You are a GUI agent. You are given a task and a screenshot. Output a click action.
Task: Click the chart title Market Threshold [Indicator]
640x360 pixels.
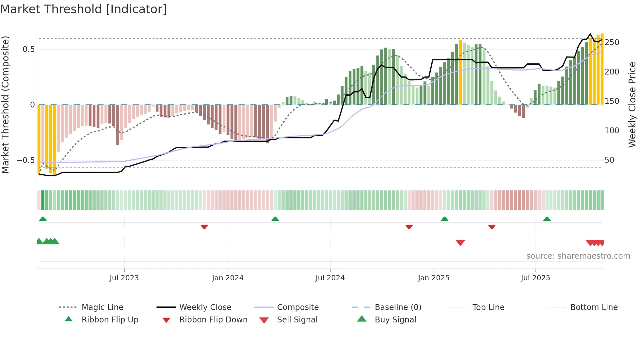(84, 9)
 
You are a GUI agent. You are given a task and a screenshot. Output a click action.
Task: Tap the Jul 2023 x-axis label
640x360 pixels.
(124, 278)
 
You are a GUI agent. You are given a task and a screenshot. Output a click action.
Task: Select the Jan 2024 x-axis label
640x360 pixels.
(228, 278)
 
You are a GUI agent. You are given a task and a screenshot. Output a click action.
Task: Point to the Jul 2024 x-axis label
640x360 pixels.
(330, 278)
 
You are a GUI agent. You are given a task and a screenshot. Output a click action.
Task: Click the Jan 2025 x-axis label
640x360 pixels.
(434, 278)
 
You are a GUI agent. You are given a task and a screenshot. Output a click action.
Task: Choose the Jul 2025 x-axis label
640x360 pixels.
(536, 278)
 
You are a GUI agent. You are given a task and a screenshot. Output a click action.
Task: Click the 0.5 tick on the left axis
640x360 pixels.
(28, 49)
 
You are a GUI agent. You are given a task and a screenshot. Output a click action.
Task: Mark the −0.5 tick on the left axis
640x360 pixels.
(26, 160)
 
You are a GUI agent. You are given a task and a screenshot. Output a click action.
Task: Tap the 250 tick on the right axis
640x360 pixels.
(612, 42)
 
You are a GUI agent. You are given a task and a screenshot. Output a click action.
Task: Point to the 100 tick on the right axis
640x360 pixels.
(612, 131)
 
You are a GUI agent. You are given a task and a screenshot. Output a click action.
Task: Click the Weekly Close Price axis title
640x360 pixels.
(632, 105)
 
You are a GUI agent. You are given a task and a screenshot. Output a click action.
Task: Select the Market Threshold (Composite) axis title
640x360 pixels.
(5, 105)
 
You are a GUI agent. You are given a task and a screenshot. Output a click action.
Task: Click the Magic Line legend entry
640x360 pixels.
(102, 307)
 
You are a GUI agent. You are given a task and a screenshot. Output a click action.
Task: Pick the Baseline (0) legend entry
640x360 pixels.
(398, 307)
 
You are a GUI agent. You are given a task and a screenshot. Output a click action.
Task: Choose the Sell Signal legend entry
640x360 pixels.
(297, 320)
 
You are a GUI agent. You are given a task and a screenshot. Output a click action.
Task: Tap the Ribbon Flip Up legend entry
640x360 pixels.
(110, 320)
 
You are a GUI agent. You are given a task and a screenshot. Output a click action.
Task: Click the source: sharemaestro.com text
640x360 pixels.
(578, 256)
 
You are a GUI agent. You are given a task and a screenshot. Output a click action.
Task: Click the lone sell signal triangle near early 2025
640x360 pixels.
(460, 243)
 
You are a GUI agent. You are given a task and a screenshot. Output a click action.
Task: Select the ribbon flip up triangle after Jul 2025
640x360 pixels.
(547, 219)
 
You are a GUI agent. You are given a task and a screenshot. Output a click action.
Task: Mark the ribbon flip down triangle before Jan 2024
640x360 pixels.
(204, 227)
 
